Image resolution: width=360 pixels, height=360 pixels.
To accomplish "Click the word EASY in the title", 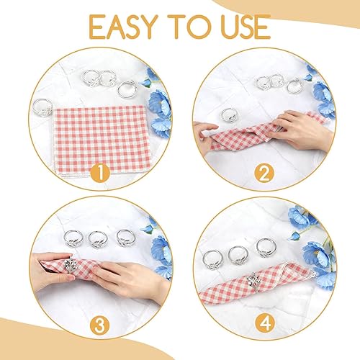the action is pos(124,27).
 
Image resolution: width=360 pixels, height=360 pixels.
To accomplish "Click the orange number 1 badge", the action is pos(100,173).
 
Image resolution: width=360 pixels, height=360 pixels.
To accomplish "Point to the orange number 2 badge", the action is pos(264,173).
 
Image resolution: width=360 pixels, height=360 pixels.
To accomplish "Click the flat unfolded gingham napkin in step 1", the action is pos(102,142).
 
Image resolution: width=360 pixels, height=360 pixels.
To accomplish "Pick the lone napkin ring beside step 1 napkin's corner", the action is pos(42,107).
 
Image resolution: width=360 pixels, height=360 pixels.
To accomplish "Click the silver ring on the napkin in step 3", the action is pos(70,264).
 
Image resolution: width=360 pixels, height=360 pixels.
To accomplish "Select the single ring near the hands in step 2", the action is pos(229,114).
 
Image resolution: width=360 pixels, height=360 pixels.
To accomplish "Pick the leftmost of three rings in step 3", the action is pos(73,238).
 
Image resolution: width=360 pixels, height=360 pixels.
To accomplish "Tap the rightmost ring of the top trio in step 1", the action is pos(127,89).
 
